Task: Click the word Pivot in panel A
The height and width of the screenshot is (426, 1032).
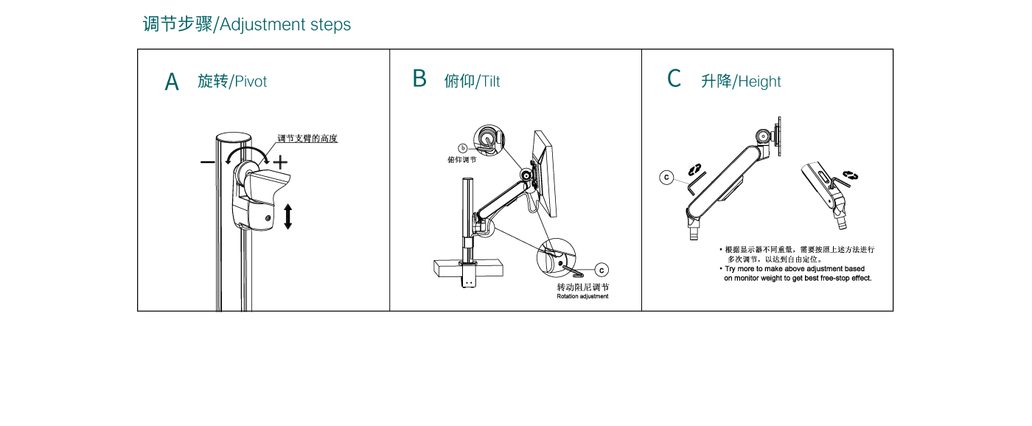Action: pyautogui.click(x=250, y=81)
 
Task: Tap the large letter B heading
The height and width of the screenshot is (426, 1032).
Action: pyautogui.click(x=419, y=79)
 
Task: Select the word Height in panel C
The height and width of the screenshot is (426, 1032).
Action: pyautogui.click(x=759, y=82)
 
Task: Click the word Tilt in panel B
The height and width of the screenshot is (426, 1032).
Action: pyautogui.click(x=490, y=82)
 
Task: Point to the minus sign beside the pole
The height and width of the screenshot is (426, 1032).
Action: pyautogui.click(x=208, y=162)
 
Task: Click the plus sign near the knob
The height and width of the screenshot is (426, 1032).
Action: pyautogui.click(x=281, y=162)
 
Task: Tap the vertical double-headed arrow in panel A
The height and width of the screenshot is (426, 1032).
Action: pyautogui.click(x=287, y=215)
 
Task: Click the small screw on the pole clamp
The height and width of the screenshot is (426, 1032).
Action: pyautogui.click(x=267, y=218)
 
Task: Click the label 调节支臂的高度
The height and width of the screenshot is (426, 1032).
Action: pyautogui.click(x=307, y=139)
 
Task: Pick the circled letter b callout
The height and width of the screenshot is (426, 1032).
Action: pyautogui.click(x=463, y=148)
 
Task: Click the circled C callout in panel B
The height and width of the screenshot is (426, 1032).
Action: pyautogui.click(x=601, y=270)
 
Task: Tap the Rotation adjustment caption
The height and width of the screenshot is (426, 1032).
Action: pyautogui.click(x=582, y=296)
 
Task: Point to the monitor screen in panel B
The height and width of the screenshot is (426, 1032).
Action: pyautogui.click(x=546, y=173)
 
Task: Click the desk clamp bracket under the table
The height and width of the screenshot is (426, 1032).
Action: pyautogui.click(x=467, y=279)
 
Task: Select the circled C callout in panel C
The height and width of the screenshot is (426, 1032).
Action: pyautogui.click(x=666, y=177)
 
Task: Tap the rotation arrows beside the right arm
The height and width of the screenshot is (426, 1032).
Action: pyautogui.click(x=851, y=175)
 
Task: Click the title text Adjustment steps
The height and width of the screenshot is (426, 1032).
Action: pyautogui.click(x=285, y=24)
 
